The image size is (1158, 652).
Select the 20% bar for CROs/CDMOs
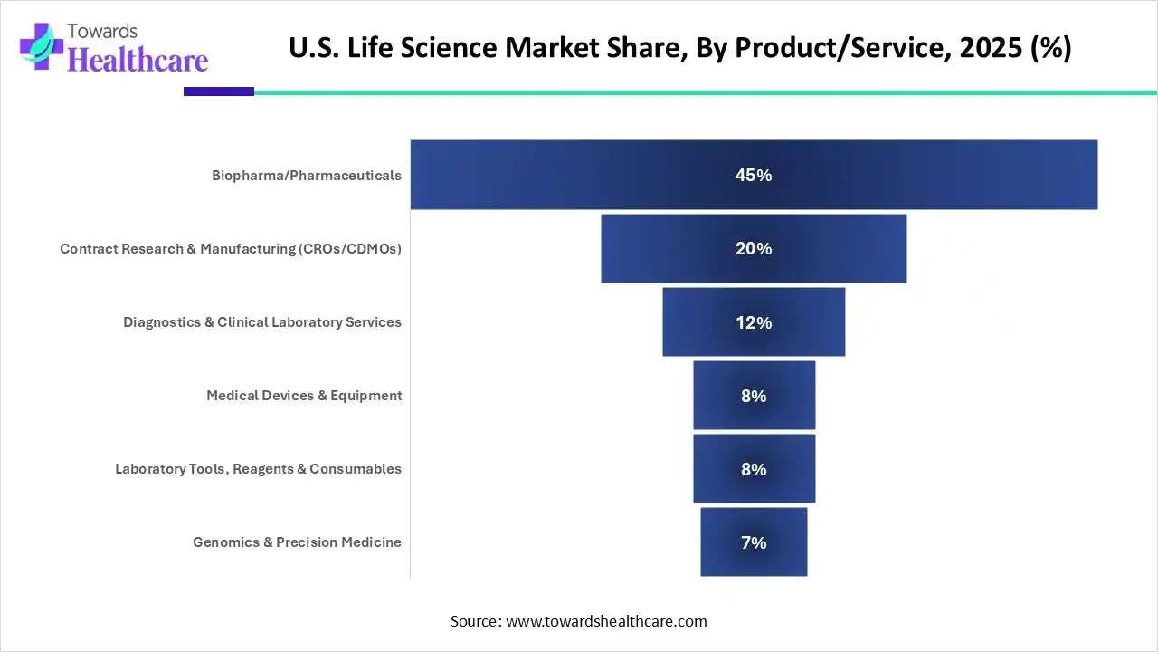(x=669, y=248)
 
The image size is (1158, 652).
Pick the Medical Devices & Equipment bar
(x=724, y=396)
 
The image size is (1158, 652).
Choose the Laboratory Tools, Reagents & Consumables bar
(x=724, y=469)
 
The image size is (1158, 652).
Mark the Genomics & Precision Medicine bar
(x=728, y=542)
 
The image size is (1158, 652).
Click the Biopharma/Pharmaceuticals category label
(x=307, y=176)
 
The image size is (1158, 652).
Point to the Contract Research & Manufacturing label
(x=231, y=248)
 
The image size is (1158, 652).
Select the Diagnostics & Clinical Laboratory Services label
(x=262, y=322)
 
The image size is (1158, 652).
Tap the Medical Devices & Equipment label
(x=304, y=396)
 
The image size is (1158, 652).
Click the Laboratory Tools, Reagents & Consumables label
(x=258, y=469)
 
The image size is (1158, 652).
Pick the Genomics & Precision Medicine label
(x=297, y=542)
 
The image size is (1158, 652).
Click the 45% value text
(x=754, y=176)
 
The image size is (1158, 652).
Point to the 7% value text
(x=754, y=542)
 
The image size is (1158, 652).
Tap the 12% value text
(x=754, y=322)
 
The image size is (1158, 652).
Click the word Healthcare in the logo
(x=138, y=59)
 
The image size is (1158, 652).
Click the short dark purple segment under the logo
(x=219, y=91)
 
